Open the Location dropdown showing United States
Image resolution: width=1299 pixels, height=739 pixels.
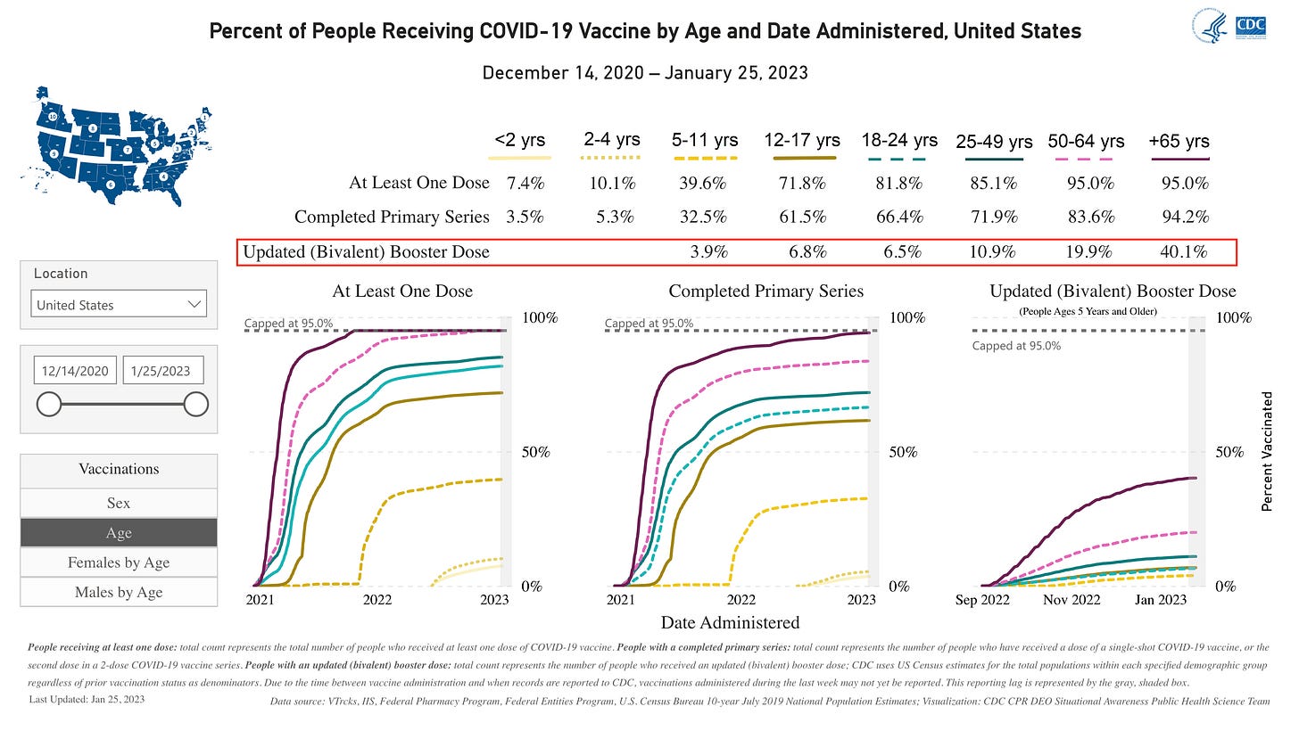point(119,305)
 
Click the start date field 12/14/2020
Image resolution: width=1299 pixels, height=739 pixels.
point(75,371)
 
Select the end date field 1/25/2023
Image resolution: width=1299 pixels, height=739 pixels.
point(162,371)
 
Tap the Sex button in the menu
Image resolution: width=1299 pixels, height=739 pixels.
point(119,503)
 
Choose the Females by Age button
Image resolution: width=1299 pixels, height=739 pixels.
point(119,562)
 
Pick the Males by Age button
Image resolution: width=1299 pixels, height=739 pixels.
point(119,592)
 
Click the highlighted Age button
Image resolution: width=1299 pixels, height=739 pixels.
point(119,533)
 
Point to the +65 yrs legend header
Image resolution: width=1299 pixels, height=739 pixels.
point(1179,141)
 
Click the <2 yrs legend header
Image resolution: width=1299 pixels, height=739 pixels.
point(519,140)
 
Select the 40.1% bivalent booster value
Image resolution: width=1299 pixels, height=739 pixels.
point(1186,252)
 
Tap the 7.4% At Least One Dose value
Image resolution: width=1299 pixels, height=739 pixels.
point(525,184)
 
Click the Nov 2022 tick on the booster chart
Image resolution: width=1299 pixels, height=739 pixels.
point(1071,600)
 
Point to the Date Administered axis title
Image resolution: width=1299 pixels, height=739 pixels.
point(730,622)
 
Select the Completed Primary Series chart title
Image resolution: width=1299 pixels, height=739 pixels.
point(765,291)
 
